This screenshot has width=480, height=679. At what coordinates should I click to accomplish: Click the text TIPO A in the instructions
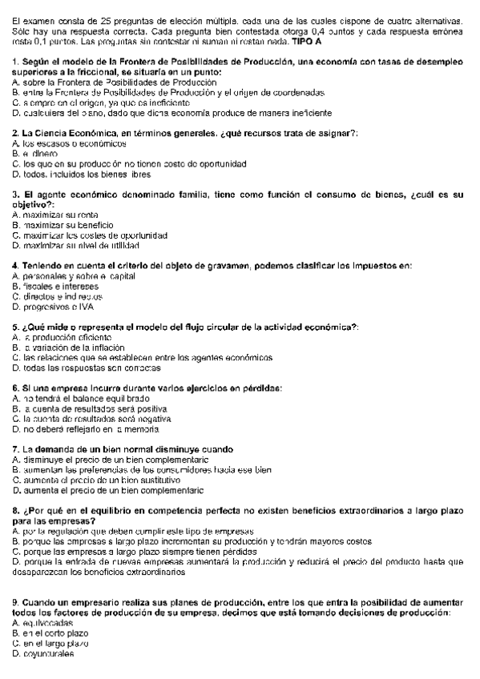(x=297, y=39)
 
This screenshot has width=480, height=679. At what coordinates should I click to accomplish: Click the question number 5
(x=16, y=327)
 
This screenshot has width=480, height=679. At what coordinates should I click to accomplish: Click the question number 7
(x=16, y=449)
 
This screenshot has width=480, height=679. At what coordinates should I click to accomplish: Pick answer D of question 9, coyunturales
(x=45, y=653)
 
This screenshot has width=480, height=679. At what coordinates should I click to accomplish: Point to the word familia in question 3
(x=188, y=195)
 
